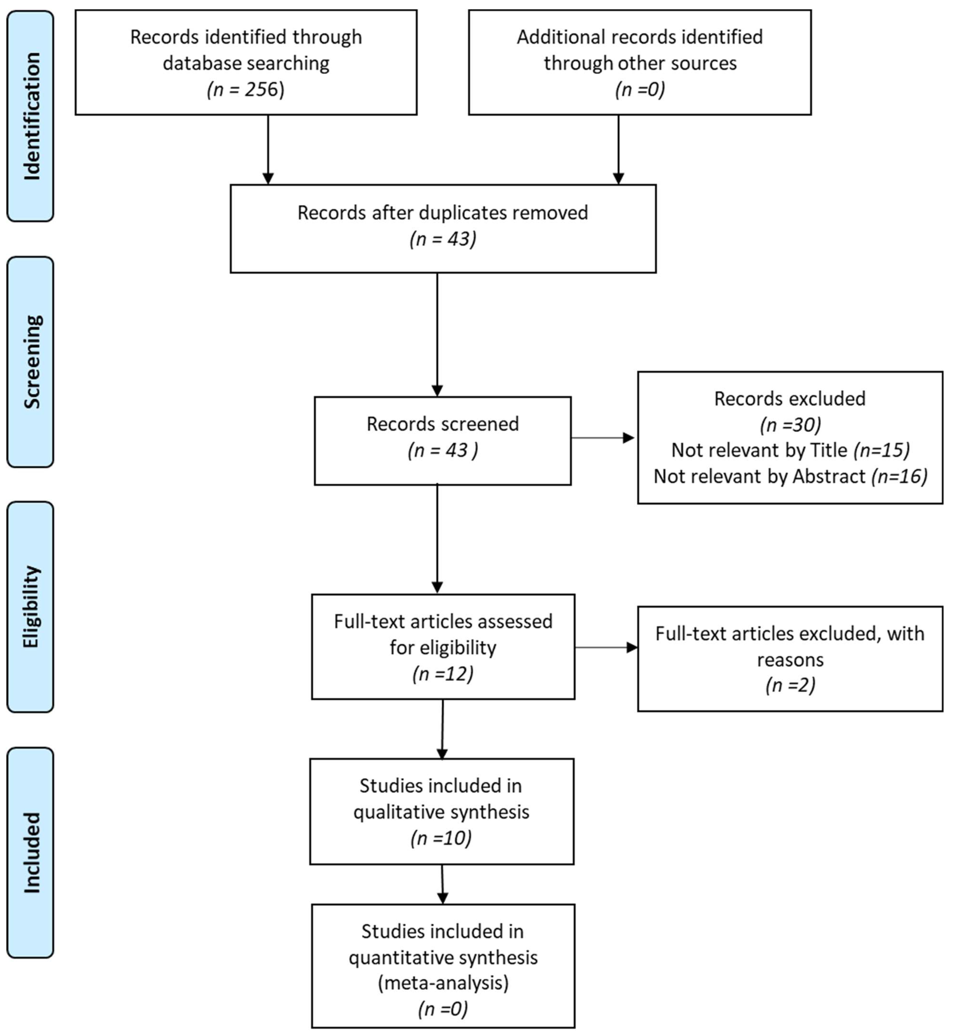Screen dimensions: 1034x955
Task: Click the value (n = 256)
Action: pyautogui.click(x=246, y=89)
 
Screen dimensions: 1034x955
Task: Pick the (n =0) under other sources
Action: pyautogui.click(x=640, y=89)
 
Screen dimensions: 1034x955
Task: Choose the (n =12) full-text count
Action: pyautogui.click(x=443, y=673)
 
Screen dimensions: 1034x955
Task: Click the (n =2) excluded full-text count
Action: pyautogui.click(x=790, y=685)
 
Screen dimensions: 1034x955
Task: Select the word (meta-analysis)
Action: pyautogui.click(x=443, y=982)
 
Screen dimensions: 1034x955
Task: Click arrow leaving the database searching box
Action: pyautogui.click(x=268, y=150)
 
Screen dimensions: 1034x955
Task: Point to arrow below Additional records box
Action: pyautogui.click(x=618, y=150)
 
